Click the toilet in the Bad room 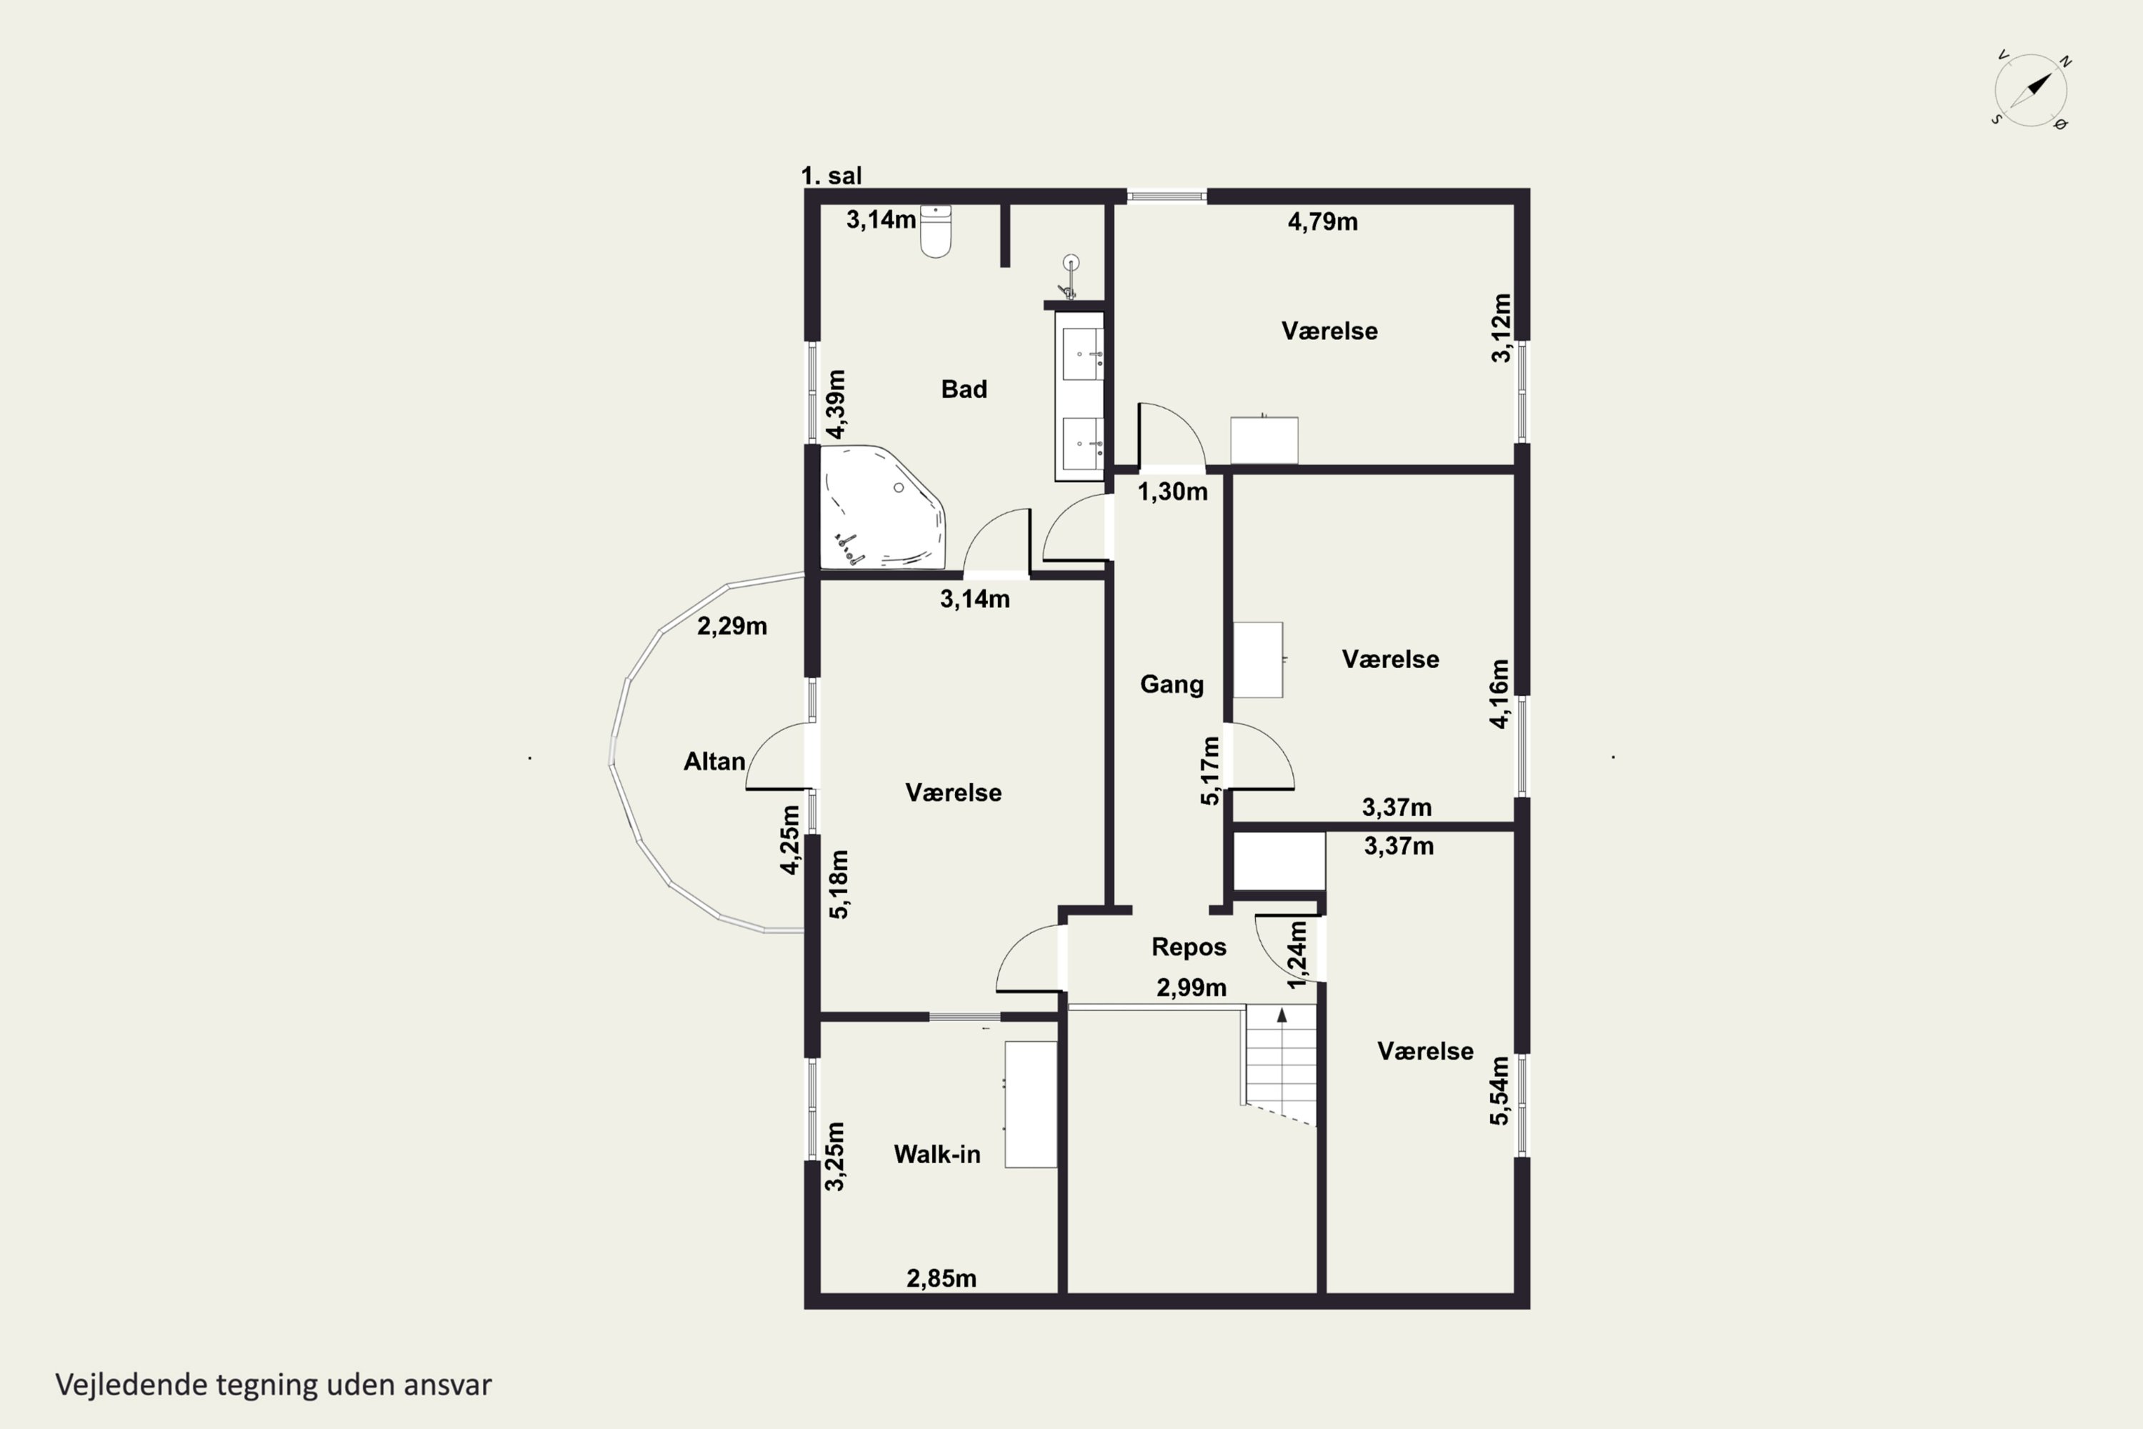(936, 231)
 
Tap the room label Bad (964, 389)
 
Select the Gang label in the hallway (1172, 684)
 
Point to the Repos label (1189, 947)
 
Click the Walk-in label (937, 1155)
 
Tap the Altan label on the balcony (714, 762)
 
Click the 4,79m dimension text (1322, 221)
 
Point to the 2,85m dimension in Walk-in (941, 1279)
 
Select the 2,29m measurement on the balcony (731, 626)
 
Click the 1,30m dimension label (1173, 492)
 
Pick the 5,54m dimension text (1499, 1091)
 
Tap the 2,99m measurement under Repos (1192, 988)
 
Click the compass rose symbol (2031, 90)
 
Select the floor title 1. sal (831, 176)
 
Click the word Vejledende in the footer (131, 1385)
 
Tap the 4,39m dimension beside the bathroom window (836, 404)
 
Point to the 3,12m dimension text (1502, 328)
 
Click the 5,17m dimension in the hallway (1210, 771)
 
